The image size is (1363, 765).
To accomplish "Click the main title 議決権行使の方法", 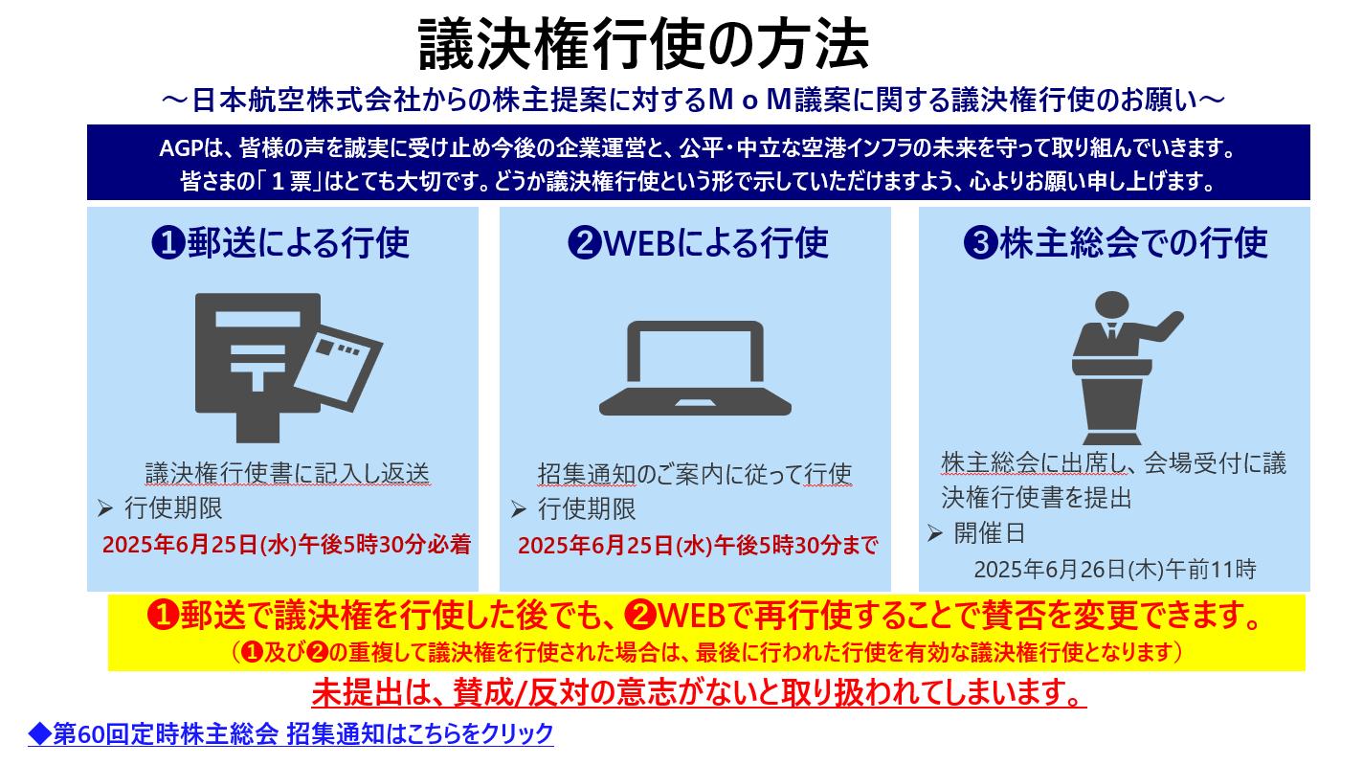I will [x=643, y=45].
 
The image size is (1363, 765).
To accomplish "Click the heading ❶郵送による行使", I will [x=280, y=243].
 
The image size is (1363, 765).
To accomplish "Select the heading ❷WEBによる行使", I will [x=698, y=243].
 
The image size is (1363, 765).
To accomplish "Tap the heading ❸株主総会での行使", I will [x=1115, y=243].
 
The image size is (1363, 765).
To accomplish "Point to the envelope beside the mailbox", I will [x=340, y=362].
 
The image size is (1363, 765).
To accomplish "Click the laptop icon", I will [x=695, y=370].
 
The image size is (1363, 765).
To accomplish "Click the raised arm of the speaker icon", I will [x=1162, y=326].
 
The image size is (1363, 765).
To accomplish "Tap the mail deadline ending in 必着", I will [x=286, y=545].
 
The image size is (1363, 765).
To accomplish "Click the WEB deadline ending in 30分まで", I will [x=698, y=546].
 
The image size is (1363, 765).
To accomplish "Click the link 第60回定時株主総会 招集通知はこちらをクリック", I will [x=291, y=734].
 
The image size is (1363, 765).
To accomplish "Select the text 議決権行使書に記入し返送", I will [x=286, y=473].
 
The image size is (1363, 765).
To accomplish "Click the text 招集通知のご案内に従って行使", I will [x=695, y=474].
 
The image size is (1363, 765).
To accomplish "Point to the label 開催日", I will [x=989, y=534].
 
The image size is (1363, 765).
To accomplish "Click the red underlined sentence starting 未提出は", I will [x=699, y=690].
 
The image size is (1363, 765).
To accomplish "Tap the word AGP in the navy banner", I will [x=180, y=150].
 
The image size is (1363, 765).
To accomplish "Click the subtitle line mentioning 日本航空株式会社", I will [x=693, y=101].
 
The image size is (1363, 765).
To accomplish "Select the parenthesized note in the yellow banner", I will [x=706, y=653].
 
